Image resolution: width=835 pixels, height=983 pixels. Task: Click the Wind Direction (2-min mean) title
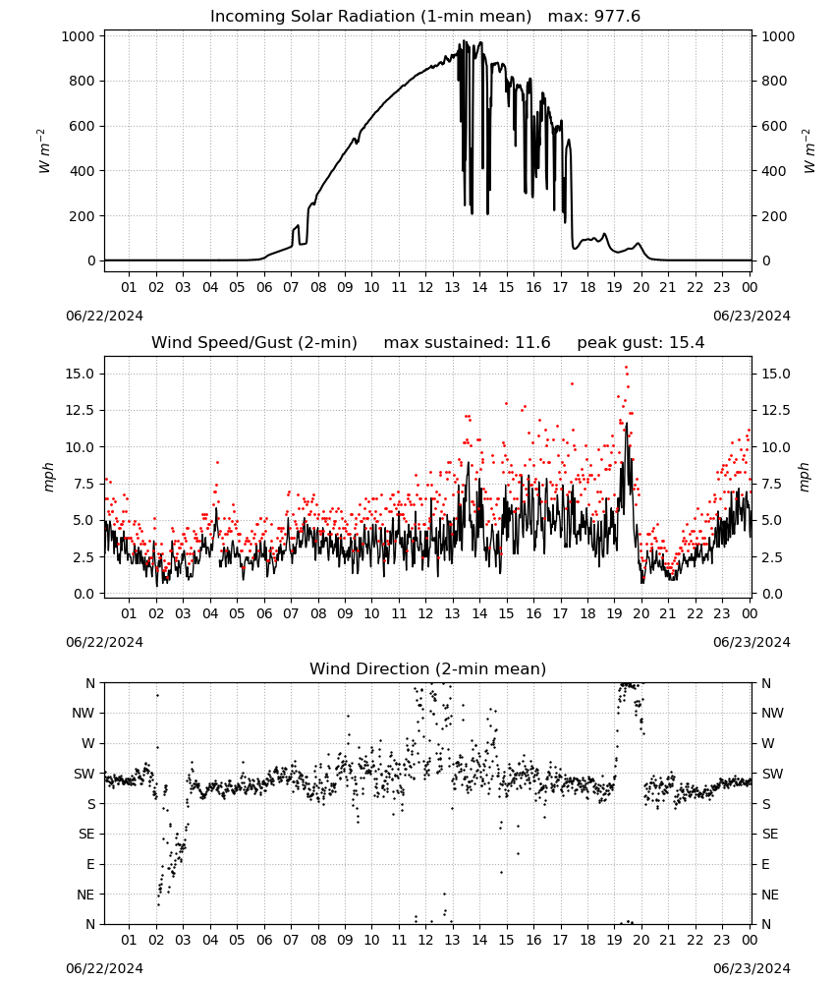click(x=428, y=668)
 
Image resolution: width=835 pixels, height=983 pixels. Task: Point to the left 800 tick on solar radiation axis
click(x=83, y=81)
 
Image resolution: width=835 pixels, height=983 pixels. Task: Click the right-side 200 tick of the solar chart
click(x=774, y=215)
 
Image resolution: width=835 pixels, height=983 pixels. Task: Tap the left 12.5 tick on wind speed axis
click(x=82, y=410)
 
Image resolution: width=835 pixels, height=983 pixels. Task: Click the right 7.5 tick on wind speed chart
click(x=771, y=484)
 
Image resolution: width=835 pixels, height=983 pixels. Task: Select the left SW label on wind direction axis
click(x=83, y=774)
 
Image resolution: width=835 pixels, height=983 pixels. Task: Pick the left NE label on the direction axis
click(x=85, y=895)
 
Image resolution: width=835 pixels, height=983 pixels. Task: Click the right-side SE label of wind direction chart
click(x=770, y=834)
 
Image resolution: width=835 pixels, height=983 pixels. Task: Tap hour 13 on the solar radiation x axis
click(x=452, y=287)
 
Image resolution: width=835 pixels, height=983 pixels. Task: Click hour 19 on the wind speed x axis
click(x=614, y=613)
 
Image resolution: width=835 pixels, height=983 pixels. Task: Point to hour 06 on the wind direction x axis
click(x=264, y=940)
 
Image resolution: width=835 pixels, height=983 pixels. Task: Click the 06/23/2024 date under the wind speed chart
click(x=751, y=642)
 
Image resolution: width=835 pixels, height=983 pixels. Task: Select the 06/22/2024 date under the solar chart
click(x=104, y=316)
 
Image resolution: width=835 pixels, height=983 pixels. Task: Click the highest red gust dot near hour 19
click(x=626, y=368)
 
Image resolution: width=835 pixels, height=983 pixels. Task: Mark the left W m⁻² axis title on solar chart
click(x=44, y=151)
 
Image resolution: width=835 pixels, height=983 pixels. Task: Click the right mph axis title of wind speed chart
click(x=805, y=477)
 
